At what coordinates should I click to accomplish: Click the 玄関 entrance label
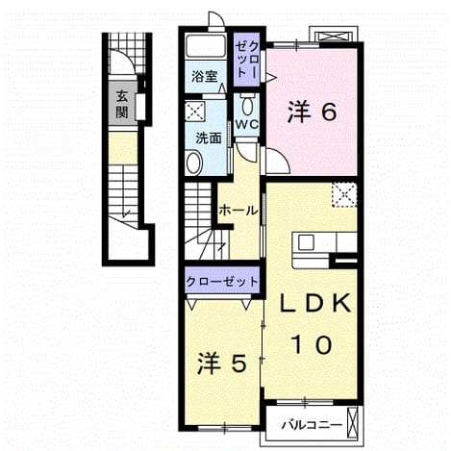tap(122, 104)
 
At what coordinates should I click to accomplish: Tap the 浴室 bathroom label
tap(205, 77)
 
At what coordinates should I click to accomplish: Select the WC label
tap(247, 124)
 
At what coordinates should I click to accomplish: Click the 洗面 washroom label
tap(209, 138)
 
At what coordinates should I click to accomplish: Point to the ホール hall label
tap(238, 211)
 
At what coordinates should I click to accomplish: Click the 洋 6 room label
tap(312, 112)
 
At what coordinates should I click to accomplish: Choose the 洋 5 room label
tap(222, 363)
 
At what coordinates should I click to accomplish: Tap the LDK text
tap(315, 304)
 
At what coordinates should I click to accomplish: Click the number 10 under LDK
tap(312, 344)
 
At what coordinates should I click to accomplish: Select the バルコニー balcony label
tap(312, 426)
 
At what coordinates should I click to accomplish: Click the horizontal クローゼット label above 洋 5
tap(222, 282)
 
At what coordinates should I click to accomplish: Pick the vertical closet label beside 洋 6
tap(246, 60)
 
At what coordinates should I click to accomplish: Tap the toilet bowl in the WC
tap(247, 105)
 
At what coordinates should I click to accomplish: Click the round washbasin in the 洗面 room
tap(193, 163)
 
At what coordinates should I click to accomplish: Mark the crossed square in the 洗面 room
tap(194, 112)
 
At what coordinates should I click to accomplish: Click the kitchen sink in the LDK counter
tap(306, 242)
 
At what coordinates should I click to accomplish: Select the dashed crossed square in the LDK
tap(344, 195)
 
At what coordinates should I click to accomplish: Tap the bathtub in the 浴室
tap(205, 47)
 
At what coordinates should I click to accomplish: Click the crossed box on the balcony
tap(352, 423)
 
